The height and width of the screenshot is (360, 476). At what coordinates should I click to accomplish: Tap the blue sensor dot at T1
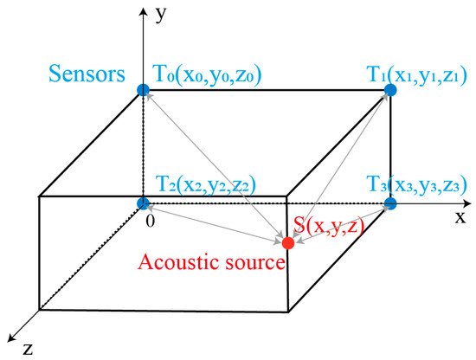pos(389,89)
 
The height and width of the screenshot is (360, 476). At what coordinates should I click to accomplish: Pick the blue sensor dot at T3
pos(389,204)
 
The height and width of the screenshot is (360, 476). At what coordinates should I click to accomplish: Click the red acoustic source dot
pos(287,243)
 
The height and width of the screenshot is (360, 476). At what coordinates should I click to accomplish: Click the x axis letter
pos(460,217)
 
